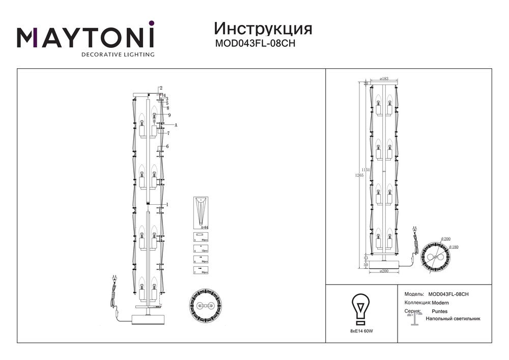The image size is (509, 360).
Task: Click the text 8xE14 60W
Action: click(361, 331)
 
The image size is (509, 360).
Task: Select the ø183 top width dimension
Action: click(384, 78)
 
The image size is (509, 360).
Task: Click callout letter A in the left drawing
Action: click(176, 125)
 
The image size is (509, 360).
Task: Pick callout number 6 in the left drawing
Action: click(167, 147)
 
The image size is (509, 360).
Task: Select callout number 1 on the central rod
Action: click(167, 204)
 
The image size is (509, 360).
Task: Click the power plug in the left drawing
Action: click(114, 279)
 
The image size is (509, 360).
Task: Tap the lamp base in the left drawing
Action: click(148, 319)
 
